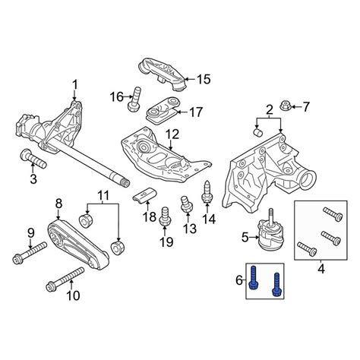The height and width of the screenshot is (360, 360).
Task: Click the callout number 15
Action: pos(204,79)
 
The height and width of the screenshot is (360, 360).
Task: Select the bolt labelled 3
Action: pos(33,159)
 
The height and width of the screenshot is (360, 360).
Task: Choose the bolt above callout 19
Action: pos(165,216)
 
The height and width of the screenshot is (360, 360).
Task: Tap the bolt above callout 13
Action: pos(186,204)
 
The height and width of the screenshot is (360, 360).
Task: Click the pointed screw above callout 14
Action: pos(207,192)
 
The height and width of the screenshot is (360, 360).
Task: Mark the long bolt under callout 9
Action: pos(30,252)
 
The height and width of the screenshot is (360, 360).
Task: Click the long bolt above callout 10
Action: pos(65,278)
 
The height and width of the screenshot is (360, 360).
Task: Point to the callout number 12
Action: pos(172,134)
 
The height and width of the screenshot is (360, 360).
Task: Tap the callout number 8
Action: pos(58,204)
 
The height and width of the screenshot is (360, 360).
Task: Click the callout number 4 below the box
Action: pos(321,269)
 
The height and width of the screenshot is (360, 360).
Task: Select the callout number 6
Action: pos(239,280)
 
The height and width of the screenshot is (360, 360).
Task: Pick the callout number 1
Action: pos(75,85)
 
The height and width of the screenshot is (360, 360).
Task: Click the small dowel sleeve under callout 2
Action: pos(258,132)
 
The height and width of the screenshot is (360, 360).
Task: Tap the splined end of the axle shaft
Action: pos(125,181)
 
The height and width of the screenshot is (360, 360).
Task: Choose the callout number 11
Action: pos(103,195)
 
